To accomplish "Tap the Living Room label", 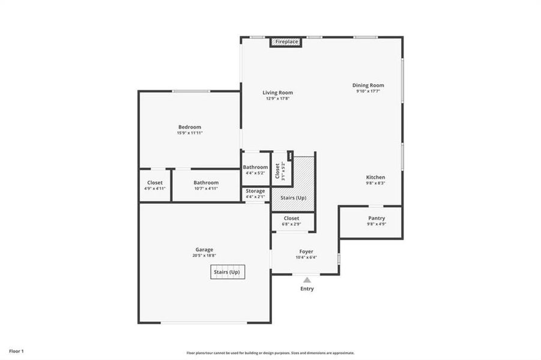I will click(x=277, y=92).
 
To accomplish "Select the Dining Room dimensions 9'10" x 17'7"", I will click(x=368, y=92).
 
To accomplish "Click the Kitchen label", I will click(x=376, y=177).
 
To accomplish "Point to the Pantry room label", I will click(x=376, y=218).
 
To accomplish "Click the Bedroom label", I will click(x=190, y=127).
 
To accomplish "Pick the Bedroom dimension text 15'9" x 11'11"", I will click(x=190, y=133).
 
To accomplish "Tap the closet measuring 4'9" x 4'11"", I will click(x=155, y=185).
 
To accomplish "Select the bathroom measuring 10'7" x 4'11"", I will click(x=206, y=185).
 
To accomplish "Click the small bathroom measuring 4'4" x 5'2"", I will click(x=255, y=170).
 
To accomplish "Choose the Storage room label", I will click(x=255, y=191).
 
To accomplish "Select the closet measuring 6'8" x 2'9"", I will click(x=291, y=221).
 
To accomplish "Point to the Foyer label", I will click(x=306, y=251).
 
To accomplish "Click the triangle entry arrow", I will click(x=307, y=280).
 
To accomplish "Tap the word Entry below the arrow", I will click(x=307, y=289).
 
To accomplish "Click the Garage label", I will click(x=204, y=250).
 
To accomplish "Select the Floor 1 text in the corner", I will click(x=16, y=350).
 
